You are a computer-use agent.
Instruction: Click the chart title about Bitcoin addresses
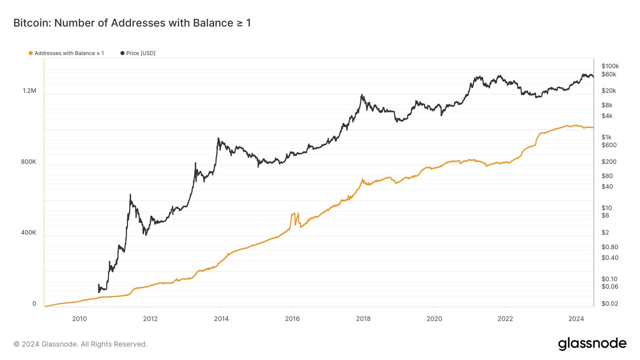[132, 23]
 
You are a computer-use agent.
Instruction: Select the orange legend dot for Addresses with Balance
[30, 53]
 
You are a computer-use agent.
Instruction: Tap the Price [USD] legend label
[140, 53]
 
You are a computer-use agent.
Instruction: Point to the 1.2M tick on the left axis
[29, 91]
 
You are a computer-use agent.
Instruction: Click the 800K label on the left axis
[28, 162]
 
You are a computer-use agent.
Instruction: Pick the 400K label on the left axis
[28, 232]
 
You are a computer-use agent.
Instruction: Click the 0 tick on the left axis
[34, 304]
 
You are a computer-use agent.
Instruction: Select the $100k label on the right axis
[610, 66]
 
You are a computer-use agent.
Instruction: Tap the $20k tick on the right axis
[608, 91]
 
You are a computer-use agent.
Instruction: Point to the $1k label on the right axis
[606, 137]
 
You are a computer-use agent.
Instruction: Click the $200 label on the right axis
[609, 162]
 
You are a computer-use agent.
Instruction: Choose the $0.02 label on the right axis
[610, 304]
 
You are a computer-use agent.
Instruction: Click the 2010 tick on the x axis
[79, 319]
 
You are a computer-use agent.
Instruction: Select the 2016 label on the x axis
[292, 319]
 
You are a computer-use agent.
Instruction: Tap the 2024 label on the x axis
[576, 319]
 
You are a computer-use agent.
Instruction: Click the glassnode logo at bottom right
[592, 344]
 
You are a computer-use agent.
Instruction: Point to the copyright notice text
[80, 344]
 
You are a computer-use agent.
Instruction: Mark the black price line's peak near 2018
[362, 95]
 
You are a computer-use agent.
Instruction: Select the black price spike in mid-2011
[130, 195]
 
